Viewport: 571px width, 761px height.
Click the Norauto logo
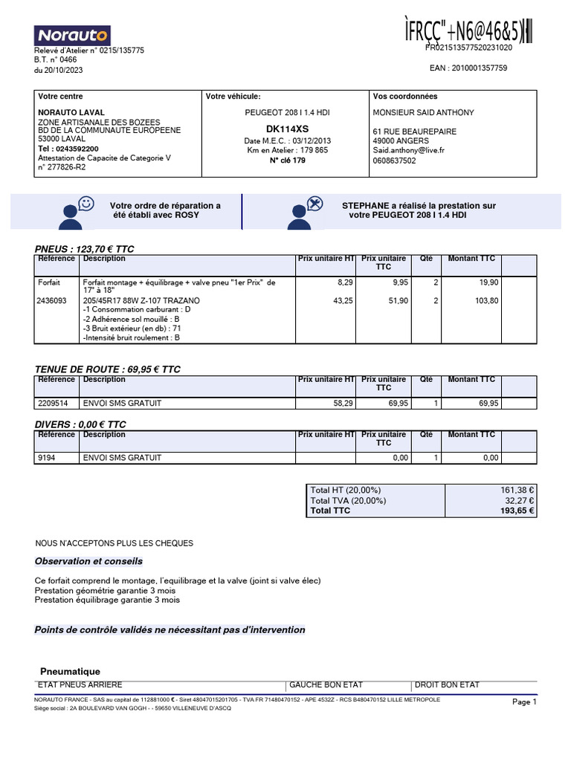pos(72,34)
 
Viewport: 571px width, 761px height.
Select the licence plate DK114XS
pos(286,129)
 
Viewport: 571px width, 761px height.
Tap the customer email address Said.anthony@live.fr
pos(408,149)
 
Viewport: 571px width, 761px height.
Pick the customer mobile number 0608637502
pos(394,160)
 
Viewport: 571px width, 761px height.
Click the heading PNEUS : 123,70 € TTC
pos(85,249)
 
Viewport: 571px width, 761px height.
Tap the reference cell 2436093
pos(52,300)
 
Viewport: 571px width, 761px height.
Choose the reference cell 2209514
pos(52,403)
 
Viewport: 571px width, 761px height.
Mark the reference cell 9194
pos(46,458)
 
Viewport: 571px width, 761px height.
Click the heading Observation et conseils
pos(88,561)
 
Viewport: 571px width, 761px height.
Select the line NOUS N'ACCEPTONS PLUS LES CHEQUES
pos(114,543)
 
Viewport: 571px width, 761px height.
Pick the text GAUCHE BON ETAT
pos(326,684)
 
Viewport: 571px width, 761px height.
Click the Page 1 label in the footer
pos(524,702)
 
